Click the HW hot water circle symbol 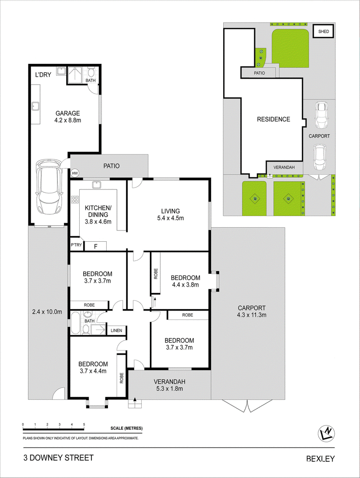(x=75, y=173)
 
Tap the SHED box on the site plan (x=324, y=32)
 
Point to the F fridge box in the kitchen (x=95, y=246)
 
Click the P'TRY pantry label (x=76, y=244)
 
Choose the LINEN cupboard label (x=117, y=330)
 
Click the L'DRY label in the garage (x=43, y=75)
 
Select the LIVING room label (x=171, y=211)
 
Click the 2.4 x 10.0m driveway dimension (x=47, y=311)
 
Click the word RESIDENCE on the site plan (x=274, y=119)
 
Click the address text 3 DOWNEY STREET (x=58, y=458)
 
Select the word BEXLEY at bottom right (x=320, y=459)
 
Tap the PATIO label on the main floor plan (x=112, y=166)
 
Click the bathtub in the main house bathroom (x=75, y=324)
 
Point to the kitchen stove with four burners (x=75, y=200)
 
